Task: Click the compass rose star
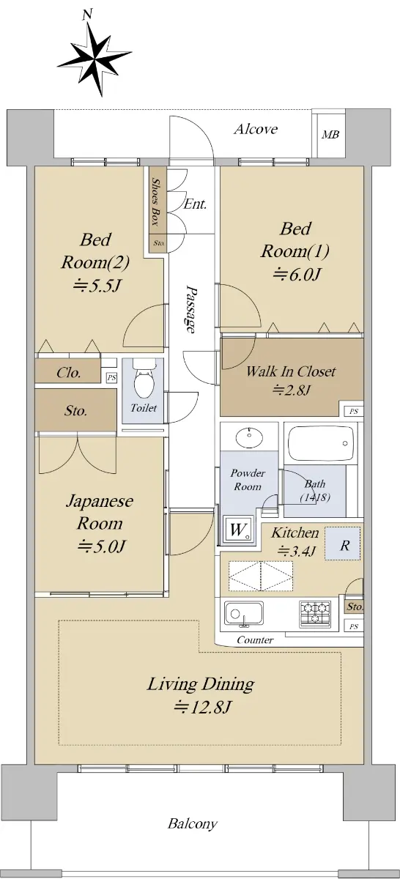(x=95, y=59)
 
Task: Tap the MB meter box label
(x=330, y=135)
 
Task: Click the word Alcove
(x=256, y=129)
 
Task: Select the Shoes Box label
(x=155, y=201)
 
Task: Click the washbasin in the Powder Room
(x=248, y=437)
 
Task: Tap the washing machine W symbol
(x=238, y=530)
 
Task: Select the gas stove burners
(x=314, y=613)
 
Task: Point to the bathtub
(x=321, y=444)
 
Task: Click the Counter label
(x=255, y=640)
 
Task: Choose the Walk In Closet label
(x=291, y=371)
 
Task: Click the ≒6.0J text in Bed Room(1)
(x=297, y=274)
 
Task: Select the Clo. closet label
(x=69, y=372)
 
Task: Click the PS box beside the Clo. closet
(x=112, y=378)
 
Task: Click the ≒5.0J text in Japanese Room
(x=101, y=546)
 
